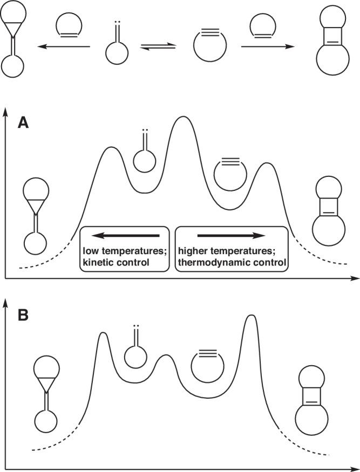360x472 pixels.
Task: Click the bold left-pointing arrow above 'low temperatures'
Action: click(x=125, y=235)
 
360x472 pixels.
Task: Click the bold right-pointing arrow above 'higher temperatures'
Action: click(x=232, y=235)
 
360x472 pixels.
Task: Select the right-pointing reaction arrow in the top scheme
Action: click(x=268, y=47)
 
